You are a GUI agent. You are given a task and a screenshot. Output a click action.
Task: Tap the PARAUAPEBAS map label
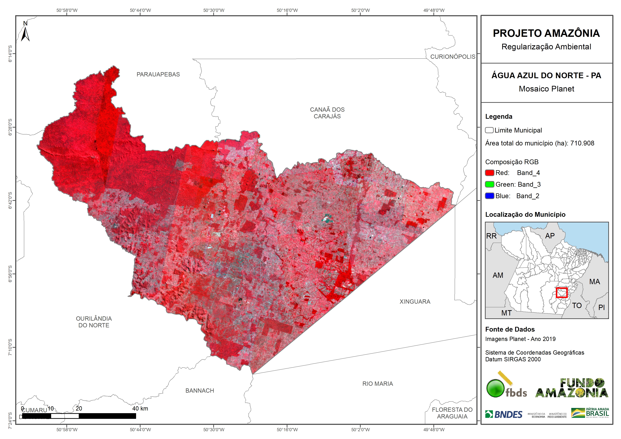158,74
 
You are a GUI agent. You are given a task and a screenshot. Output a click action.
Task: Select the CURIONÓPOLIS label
453,56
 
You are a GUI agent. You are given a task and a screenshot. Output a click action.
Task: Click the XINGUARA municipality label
415,302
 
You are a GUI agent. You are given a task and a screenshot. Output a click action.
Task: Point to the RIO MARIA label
378,384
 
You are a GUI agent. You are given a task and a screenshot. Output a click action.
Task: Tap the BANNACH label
200,391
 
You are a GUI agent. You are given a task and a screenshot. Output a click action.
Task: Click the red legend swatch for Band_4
490,173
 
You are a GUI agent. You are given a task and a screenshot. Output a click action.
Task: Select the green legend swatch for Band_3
490,185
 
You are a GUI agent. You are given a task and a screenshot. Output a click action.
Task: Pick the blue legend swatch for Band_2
490,196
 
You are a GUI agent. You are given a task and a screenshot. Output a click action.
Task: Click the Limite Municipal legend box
489,130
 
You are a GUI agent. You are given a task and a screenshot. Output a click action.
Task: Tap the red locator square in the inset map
562,293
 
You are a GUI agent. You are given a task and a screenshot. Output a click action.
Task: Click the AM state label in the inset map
498,275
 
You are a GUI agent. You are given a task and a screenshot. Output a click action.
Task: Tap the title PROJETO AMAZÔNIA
546,33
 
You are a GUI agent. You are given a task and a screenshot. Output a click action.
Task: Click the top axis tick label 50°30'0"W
214,10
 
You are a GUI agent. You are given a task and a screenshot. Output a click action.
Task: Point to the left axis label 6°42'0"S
10,200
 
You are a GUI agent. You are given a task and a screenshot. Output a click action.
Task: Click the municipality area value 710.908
582,143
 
